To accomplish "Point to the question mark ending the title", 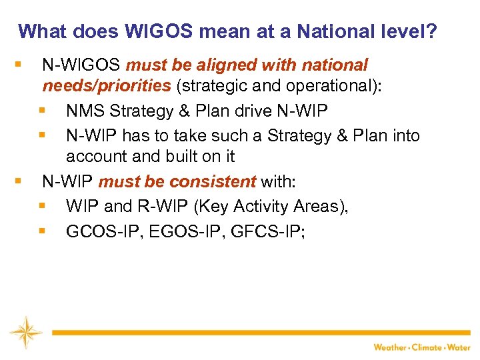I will pyautogui.click(x=431, y=31).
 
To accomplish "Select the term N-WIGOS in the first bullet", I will pyautogui.click(x=81, y=65).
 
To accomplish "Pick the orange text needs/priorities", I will pyautogui.click(x=107, y=86).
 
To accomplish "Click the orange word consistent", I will pyautogui.click(x=213, y=181).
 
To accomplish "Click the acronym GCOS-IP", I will pyautogui.click(x=97, y=231).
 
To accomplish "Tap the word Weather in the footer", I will pyautogui.click(x=390, y=347).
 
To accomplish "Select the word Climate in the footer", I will pyautogui.click(x=428, y=347).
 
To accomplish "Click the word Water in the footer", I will pyautogui.click(x=459, y=347).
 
